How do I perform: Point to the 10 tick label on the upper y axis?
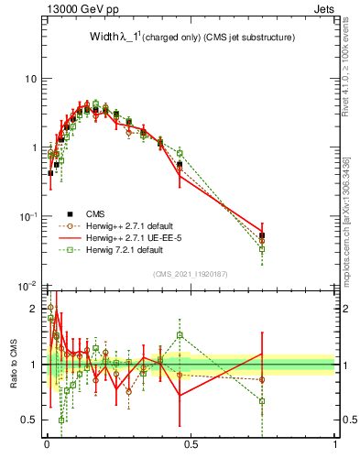pyautogui.click(x=30, y=79)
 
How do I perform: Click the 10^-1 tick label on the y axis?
pyautogui.click(x=27, y=216)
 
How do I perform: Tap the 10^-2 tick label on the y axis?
pyautogui.click(x=27, y=285)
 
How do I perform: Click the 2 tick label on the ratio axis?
pyautogui.click(x=33, y=308)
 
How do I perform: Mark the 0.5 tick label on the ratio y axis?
pyautogui.click(x=28, y=420)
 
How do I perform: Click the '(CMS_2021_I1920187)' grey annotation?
pyautogui.click(x=191, y=274)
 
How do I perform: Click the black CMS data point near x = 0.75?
pyautogui.click(x=262, y=235)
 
